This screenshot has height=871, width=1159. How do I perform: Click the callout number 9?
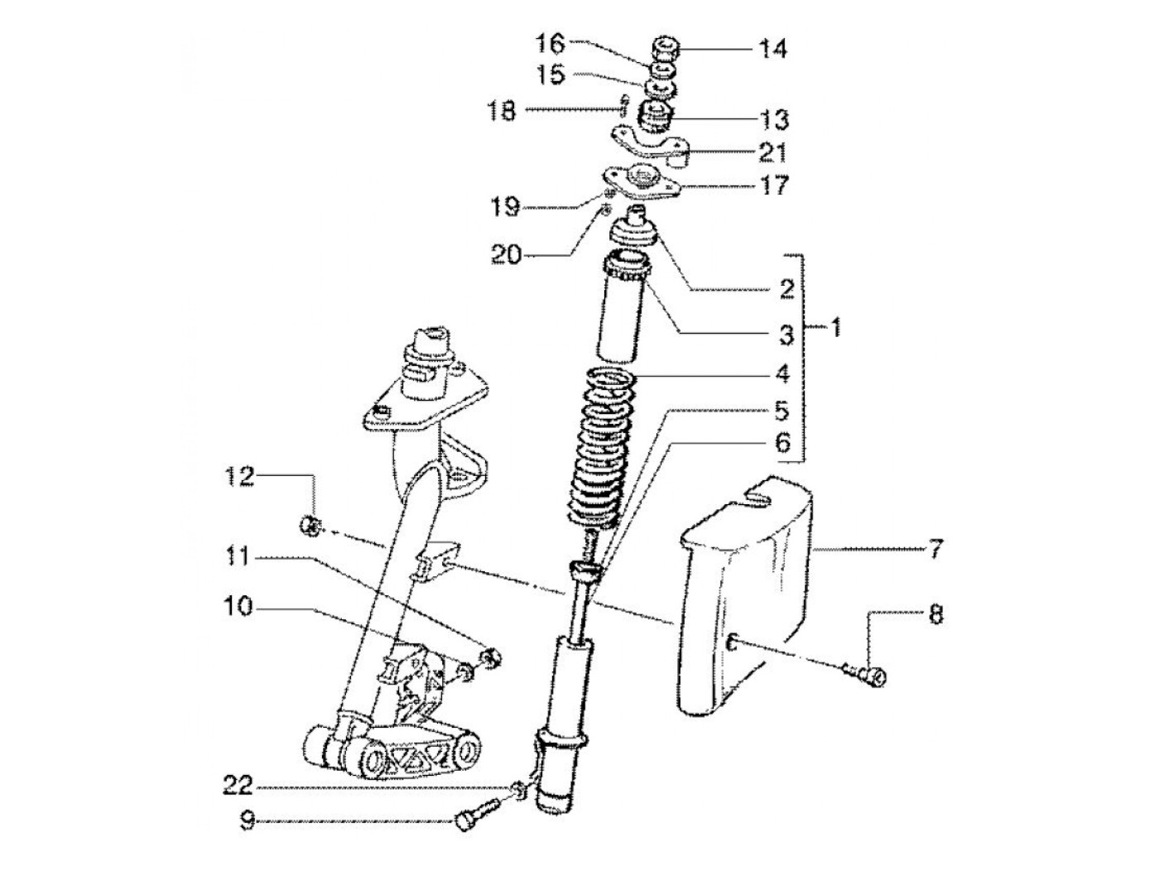246,821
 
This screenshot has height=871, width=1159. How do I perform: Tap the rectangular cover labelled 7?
745,596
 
